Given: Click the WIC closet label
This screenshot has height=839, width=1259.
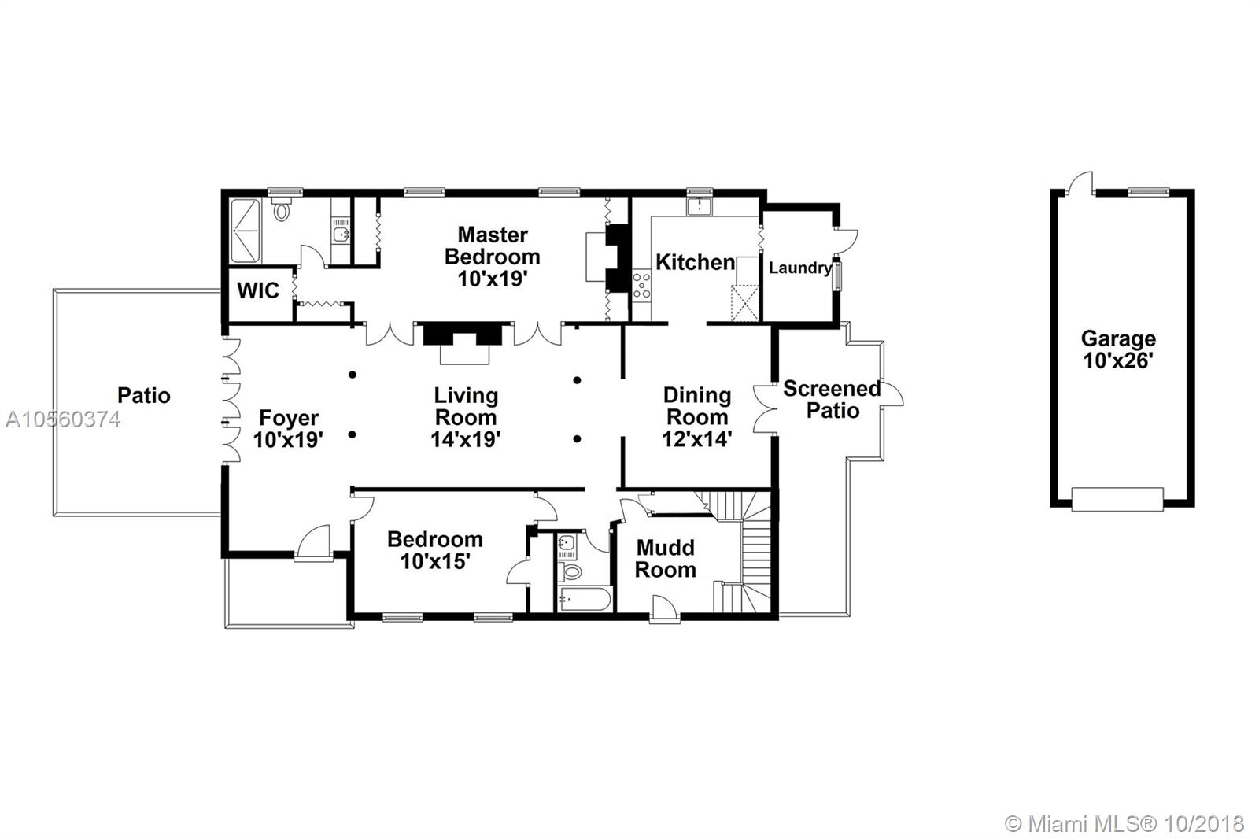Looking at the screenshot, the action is (x=258, y=290).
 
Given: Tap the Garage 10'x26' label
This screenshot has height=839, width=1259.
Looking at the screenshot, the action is (x=1118, y=349).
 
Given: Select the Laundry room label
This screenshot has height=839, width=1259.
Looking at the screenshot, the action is (x=800, y=268).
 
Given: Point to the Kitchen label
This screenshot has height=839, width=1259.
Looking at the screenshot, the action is (x=696, y=262).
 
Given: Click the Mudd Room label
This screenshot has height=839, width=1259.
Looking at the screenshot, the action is (x=666, y=558).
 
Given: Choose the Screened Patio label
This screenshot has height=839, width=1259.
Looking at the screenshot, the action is (x=833, y=399).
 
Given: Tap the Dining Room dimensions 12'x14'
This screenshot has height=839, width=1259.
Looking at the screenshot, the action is (x=697, y=439).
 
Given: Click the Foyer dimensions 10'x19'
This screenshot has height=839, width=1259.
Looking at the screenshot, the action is (x=288, y=440).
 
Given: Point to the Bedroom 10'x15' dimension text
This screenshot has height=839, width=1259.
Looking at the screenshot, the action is (x=435, y=561).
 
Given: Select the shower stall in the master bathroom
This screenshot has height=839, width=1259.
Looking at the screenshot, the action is (x=246, y=231).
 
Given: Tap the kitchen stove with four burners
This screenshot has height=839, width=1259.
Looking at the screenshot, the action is (x=641, y=286).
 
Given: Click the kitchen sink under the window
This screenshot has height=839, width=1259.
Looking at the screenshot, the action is (x=700, y=206).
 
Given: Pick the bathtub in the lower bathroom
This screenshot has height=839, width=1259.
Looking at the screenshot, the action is (x=585, y=600).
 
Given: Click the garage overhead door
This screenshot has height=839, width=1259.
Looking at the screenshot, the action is (x=1117, y=500).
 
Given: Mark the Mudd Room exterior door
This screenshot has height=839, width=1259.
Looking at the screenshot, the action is (x=665, y=609).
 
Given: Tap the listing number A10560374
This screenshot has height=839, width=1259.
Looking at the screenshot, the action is (x=63, y=419).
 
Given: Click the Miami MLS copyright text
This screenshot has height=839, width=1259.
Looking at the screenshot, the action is (x=1124, y=824).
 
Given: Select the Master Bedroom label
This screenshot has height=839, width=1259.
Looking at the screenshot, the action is (x=493, y=257).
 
